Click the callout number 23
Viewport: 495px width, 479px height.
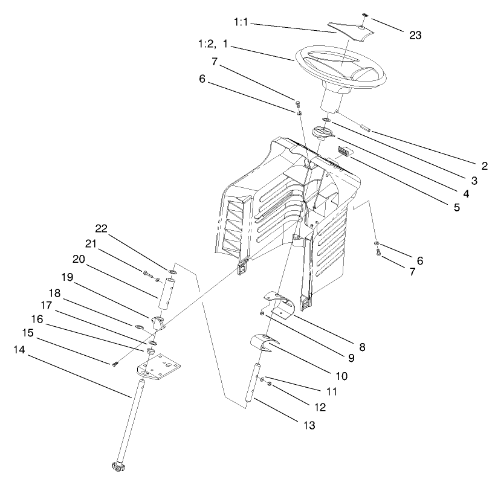pos(415,35)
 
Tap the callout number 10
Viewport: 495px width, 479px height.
pos(341,376)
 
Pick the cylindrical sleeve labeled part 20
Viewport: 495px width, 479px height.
pos(167,292)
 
